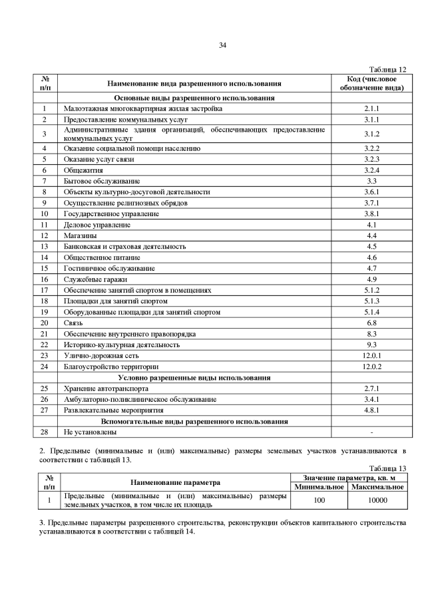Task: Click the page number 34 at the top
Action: [223, 45]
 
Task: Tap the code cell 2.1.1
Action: [371, 108]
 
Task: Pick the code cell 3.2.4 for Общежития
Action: [371, 170]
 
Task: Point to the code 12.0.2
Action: [371, 367]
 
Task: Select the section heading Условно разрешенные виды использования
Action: [195, 377]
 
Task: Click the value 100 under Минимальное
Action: [319, 500]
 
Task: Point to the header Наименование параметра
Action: [176, 482]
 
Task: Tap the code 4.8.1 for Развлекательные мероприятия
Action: [371, 410]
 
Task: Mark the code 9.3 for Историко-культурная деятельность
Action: [371, 345]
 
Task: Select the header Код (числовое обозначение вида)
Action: [371, 83]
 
